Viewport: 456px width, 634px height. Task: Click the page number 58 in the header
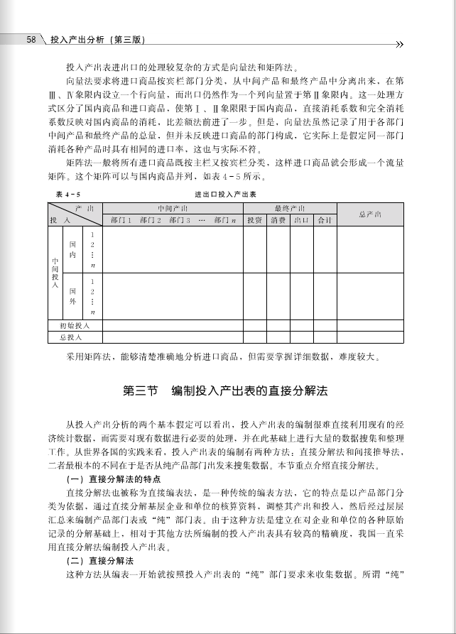(x=31, y=40)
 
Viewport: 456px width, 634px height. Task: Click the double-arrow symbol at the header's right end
(x=399, y=43)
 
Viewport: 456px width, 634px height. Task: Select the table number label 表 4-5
(x=68, y=194)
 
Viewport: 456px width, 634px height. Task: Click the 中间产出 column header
(x=173, y=208)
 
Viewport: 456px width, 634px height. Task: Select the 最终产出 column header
(x=289, y=208)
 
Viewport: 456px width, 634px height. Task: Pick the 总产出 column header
(x=369, y=214)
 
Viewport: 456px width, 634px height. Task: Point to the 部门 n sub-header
(x=225, y=220)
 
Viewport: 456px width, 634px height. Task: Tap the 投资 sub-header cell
(x=255, y=220)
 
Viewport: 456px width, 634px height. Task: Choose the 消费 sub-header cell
(x=278, y=220)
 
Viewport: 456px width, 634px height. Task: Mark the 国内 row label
(x=73, y=248)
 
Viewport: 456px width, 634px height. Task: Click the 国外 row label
(x=73, y=296)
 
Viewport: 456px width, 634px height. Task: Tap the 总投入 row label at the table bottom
(x=72, y=337)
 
